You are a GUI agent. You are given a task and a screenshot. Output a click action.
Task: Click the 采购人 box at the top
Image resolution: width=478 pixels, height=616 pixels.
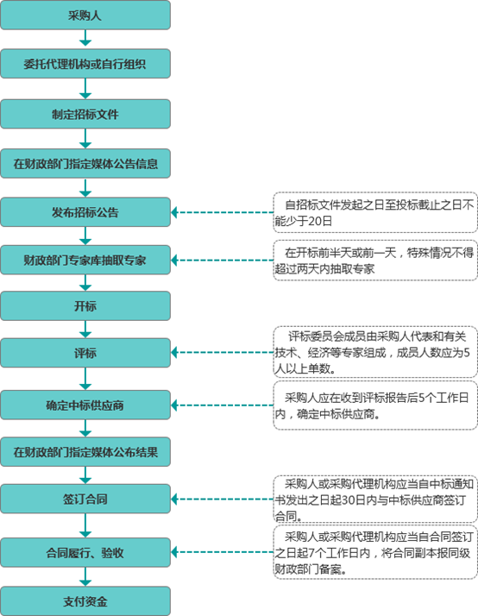[x=85, y=16]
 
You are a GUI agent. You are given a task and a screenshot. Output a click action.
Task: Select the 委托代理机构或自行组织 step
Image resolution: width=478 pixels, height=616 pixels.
[x=85, y=64]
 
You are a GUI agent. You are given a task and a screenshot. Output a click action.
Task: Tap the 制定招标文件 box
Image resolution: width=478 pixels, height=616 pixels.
[x=85, y=113]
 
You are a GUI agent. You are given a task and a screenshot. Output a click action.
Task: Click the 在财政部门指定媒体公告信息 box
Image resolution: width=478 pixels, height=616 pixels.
[x=85, y=161]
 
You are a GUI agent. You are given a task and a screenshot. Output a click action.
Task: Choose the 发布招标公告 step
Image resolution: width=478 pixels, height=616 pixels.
[x=85, y=211]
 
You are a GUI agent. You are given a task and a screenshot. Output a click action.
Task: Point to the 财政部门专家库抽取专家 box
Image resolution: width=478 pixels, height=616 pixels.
[x=85, y=259]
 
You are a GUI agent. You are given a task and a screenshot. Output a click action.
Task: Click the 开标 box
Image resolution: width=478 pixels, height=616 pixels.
[x=85, y=305]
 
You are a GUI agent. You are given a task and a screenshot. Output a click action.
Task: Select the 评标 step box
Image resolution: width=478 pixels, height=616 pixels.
[x=85, y=353]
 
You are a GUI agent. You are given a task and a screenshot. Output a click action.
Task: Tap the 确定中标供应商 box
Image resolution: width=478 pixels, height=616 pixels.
[x=85, y=403]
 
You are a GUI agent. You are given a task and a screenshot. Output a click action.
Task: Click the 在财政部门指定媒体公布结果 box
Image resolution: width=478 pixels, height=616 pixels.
[x=85, y=450]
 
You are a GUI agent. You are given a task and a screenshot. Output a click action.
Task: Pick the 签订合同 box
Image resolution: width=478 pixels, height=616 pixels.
[x=85, y=498]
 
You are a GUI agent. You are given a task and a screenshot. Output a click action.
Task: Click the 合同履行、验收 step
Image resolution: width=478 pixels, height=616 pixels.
[x=85, y=551]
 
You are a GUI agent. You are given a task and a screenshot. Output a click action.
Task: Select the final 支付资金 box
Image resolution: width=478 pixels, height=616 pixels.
[x=85, y=600]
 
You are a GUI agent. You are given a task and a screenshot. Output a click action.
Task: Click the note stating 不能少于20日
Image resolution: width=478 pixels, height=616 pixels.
[x=375, y=212]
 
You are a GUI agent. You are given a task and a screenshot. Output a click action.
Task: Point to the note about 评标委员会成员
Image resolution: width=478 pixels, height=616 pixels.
[x=375, y=352]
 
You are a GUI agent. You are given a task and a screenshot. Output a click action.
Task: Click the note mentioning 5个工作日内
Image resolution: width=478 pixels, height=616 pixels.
[x=375, y=405]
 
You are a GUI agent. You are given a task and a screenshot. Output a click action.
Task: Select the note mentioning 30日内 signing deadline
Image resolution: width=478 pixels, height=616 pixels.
[x=375, y=499]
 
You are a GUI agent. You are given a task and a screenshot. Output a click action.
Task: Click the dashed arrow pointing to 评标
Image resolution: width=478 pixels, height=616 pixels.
[x=223, y=353]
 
